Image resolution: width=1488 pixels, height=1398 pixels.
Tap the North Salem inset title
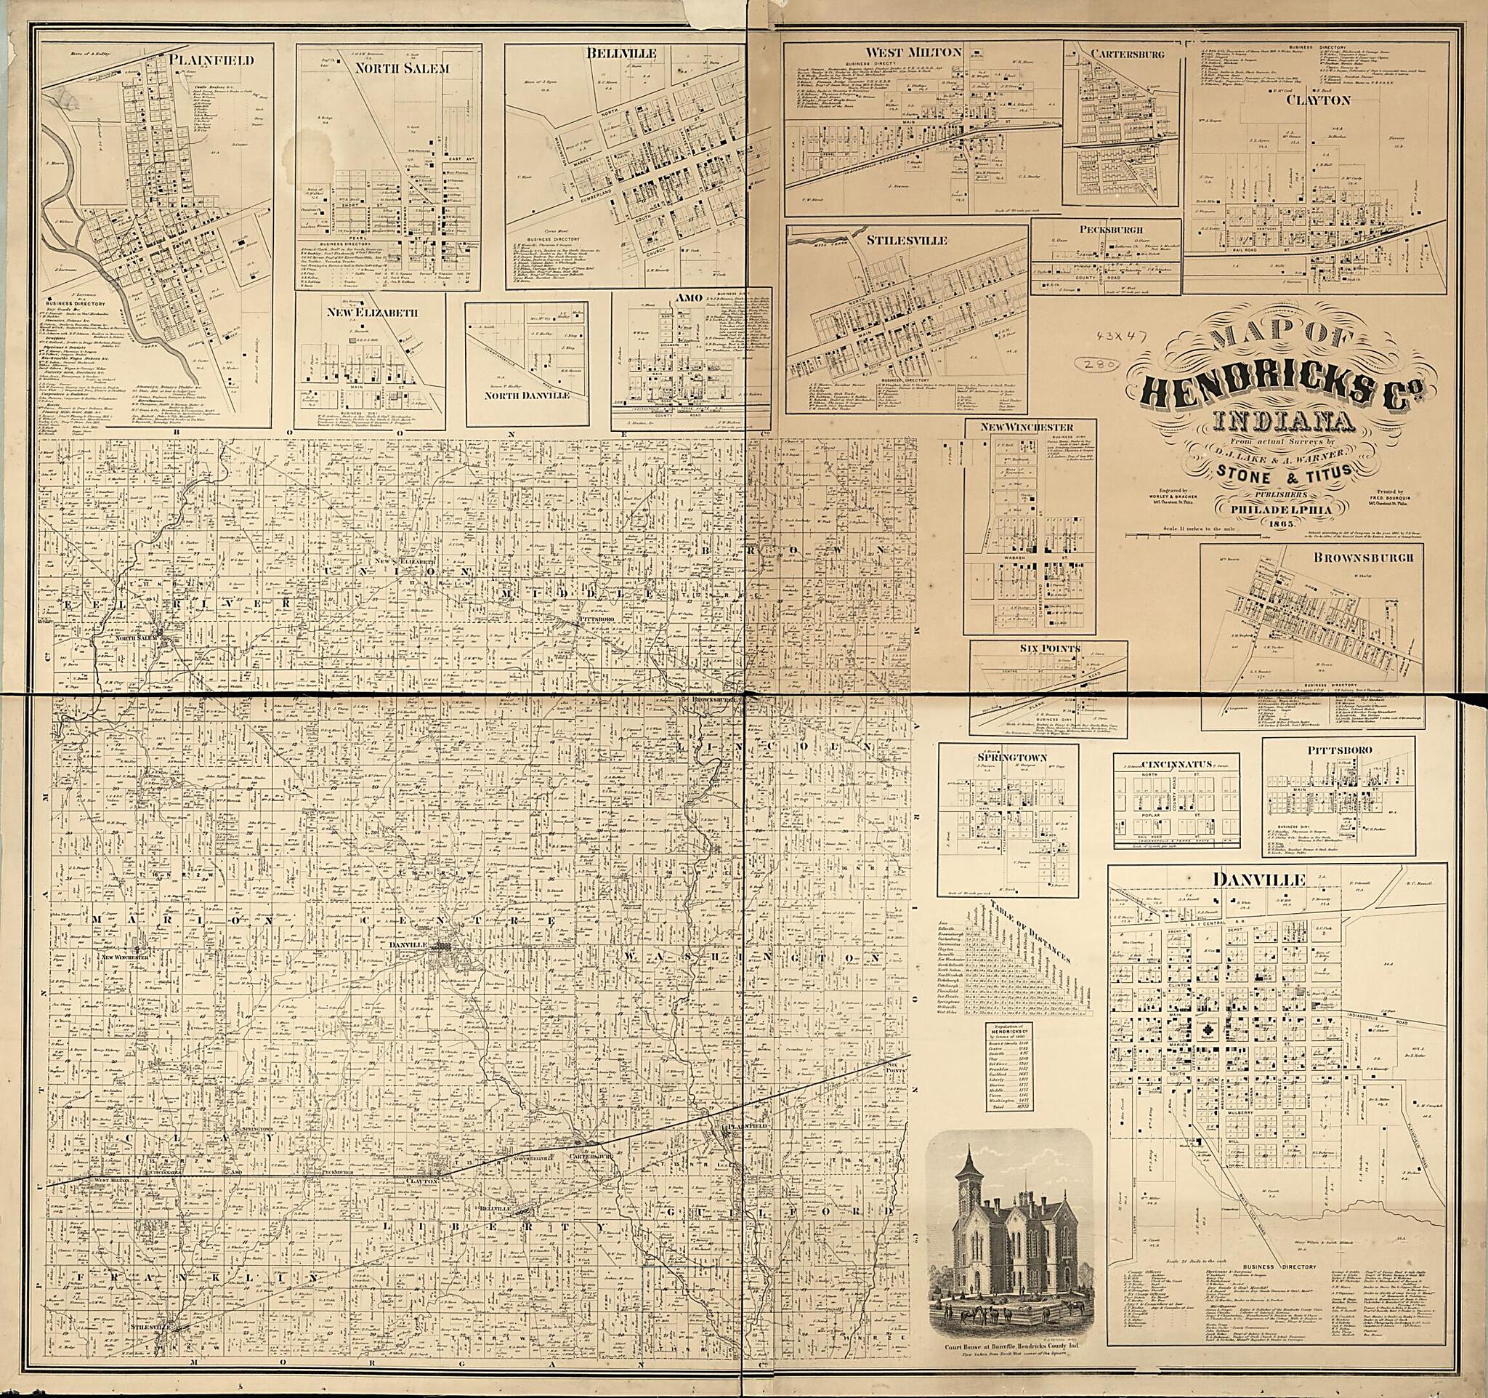392,68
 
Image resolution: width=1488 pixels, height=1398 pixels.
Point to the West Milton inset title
903,52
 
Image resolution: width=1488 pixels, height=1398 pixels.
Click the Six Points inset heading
1048,648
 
